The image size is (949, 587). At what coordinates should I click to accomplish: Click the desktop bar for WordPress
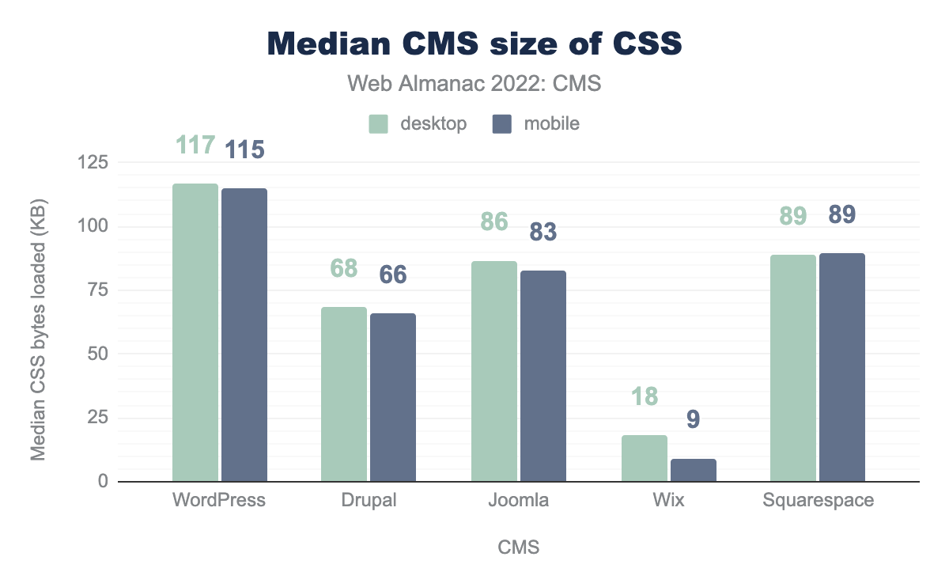[x=195, y=332]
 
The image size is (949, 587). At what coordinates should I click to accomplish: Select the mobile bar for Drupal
[x=393, y=397]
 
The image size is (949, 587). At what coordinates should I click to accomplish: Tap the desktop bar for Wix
[x=645, y=458]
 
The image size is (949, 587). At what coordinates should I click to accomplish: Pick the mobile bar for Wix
[x=694, y=470]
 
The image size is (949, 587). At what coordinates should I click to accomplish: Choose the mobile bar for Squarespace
[x=842, y=367]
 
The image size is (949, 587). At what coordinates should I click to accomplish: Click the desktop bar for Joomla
[x=494, y=371]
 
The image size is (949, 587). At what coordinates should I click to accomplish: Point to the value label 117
[x=195, y=146]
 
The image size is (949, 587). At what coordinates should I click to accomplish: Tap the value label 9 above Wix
[x=693, y=419]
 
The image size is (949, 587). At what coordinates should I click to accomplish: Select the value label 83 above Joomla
[x=543, y=232]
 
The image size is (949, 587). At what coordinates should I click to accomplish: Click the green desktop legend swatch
[x=379, y=124]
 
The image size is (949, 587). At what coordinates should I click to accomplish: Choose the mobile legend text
[x=546, y=123]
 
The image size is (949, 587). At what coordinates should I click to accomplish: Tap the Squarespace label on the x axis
[x=819, y=501]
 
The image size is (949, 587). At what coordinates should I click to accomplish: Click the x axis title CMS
[x=518, y=547]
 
